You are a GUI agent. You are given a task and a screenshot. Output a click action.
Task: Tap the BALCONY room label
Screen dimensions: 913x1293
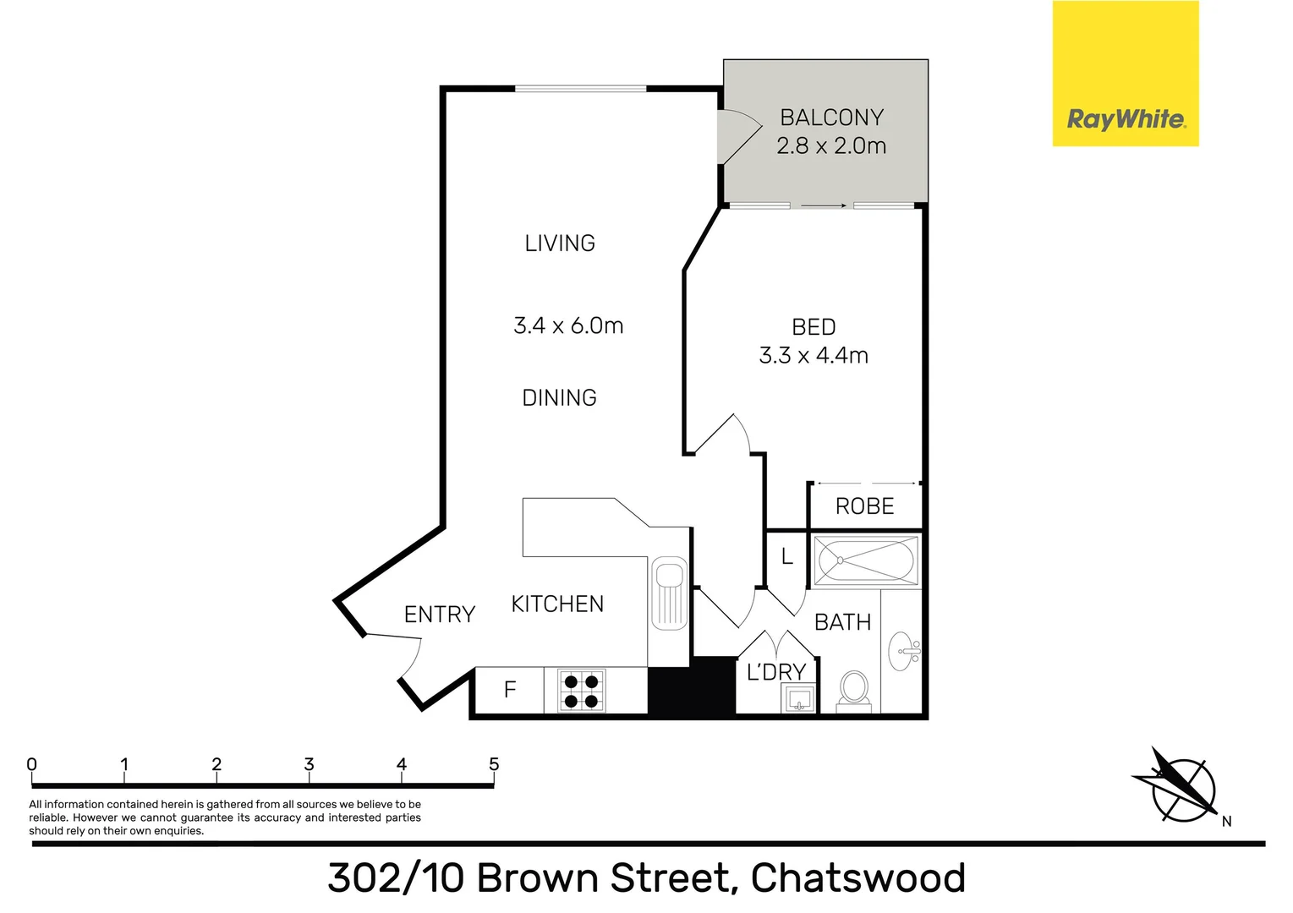[x=831, y=118]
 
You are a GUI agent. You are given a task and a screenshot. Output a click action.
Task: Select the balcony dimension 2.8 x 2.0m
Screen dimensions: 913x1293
[x=831, y=146]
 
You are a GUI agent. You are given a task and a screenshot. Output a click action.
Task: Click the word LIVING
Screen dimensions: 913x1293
[x=560, y=243]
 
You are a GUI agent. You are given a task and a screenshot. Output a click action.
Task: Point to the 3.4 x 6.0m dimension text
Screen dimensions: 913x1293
[x=568, y=325]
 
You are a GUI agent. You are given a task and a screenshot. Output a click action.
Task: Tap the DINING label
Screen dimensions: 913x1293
[x=559, y=398]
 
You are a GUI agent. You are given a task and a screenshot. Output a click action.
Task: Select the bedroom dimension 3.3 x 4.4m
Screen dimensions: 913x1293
[x=814, y=356]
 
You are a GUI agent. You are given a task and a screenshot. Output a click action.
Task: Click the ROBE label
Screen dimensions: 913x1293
[x=864, y=506]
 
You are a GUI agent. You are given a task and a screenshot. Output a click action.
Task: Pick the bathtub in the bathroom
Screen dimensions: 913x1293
[x=865, y=560]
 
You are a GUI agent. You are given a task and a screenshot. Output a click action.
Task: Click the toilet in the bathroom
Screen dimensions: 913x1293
[x=854, y=690]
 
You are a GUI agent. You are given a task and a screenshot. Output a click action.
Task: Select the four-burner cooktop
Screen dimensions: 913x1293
[x=581, y=691]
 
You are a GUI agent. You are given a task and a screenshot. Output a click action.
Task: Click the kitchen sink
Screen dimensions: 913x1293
[x=669, y=593]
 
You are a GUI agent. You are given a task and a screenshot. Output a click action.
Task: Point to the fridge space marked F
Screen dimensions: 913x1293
[x=510, y=690]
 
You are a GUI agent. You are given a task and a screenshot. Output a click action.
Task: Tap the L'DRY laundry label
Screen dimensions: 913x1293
[x=775, y=673]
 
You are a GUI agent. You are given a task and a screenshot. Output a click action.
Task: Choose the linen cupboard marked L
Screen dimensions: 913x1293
[x=786, y=557]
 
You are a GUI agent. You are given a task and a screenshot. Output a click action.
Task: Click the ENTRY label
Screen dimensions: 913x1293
[x=439, y=615]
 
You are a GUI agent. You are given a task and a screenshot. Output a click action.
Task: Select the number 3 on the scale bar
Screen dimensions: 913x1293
[x=309, y=764]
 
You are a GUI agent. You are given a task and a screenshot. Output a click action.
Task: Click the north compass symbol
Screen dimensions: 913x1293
[x=1181, y=787]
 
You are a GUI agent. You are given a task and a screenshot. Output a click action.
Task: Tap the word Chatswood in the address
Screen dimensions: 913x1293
[x=857, y=878]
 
